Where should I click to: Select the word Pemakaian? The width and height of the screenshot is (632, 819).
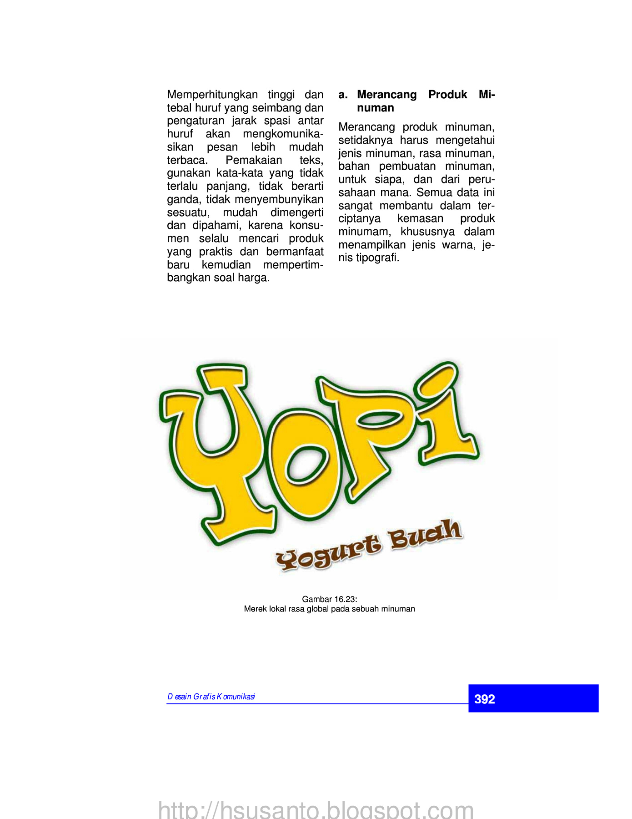pos(254,160)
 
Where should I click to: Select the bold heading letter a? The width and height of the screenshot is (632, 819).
pos(343,95)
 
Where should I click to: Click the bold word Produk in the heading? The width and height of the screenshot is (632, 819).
pos(447,95)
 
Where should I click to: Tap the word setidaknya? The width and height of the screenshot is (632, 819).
pos(365,140)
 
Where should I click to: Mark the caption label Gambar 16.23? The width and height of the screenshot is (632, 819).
pos(329,599)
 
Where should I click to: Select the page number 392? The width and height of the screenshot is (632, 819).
pos(484,699)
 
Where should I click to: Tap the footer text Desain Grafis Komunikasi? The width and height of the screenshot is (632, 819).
pos(211,697)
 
